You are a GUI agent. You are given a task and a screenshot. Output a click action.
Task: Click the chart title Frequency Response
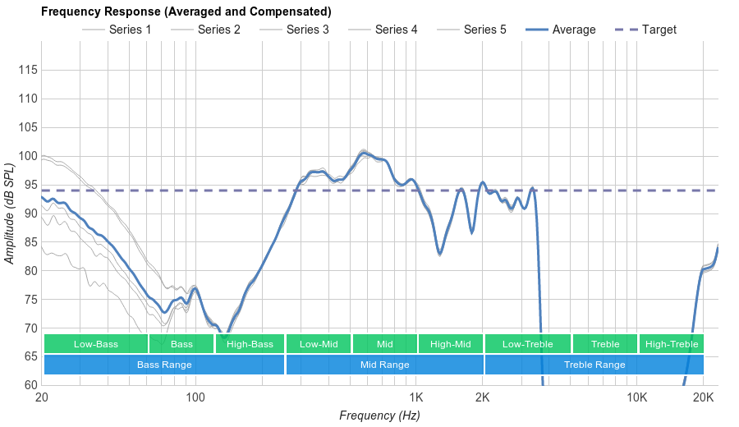(x=186, y=11)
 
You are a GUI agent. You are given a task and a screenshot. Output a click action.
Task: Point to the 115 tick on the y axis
(x=27, y=71)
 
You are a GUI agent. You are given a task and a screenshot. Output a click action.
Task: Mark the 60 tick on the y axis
(x=30, y=385)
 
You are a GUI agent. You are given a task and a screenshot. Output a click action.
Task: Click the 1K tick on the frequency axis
(x=415, y=398)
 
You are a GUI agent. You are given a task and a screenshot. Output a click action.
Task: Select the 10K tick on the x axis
(x=637, y=398)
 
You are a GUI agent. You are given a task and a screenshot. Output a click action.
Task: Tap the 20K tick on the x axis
(x=704, y=398)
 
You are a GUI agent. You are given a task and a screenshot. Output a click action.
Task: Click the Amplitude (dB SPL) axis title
(x=10, y=213)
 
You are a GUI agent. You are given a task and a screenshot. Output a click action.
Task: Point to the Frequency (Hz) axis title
(x=379, y=416)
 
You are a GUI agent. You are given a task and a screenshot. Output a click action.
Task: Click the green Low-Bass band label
(x=95, y=344)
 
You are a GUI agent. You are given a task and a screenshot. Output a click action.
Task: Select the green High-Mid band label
(x=451, y=344)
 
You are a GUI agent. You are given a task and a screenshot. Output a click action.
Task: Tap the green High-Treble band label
(x=672, y=344)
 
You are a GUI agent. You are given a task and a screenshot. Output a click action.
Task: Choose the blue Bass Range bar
(x=164, y=365)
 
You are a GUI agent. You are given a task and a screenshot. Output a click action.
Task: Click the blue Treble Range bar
(x=594, y=365)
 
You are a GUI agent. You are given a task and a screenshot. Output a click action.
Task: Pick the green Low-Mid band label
(x=319, y=344)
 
